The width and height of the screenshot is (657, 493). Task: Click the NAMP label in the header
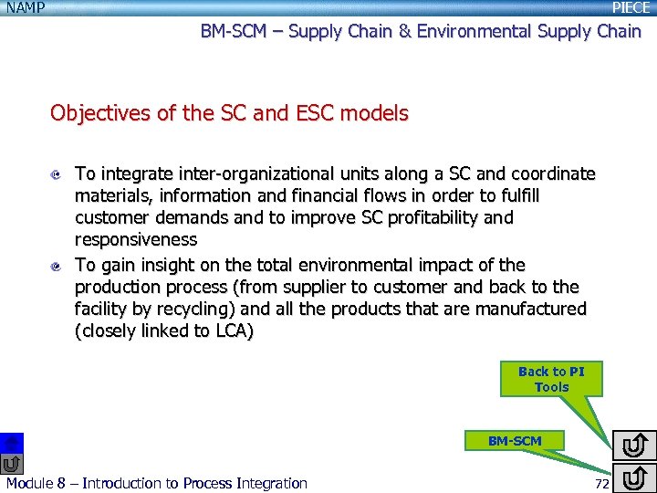tap(26, 7)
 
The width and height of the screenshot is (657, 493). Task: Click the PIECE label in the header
tap(631, 7)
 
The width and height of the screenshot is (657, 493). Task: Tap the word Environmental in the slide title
tap(474, 31)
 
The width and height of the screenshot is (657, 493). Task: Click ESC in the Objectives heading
tap(312, 114)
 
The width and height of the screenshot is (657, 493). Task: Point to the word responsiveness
tap(136, 239)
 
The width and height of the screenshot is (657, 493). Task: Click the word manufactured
tap(531, 309)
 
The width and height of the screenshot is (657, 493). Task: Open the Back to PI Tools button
tap(551, 379)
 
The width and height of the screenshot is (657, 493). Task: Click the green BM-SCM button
tap(515, 441)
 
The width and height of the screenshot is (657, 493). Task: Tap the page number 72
tap(601, 483)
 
